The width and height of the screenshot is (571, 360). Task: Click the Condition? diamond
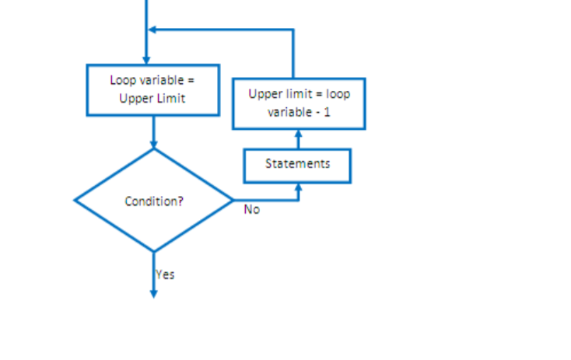click(x=153, y=200)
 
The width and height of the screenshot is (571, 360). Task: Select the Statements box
click(x=297, y=166)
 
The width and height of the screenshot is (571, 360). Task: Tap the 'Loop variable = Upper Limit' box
click(x=152, y=89)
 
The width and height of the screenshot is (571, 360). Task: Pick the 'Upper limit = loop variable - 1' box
click(x=299, y=103)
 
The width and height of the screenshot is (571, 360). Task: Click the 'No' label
click(x=251, y=209)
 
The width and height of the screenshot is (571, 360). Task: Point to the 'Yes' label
click(x=165, y=274)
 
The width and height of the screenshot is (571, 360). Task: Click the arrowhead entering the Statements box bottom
click(x=298, y=187)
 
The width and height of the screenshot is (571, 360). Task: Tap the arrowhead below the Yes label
click(x=153, y=293)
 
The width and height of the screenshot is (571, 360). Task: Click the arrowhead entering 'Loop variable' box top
click(x=145, y=60)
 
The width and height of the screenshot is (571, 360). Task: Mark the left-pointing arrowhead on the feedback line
click(x=152, y=30)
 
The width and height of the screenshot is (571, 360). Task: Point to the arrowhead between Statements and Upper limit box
click(x=298, y=134)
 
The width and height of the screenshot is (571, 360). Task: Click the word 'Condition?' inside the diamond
click(x=154, y=201)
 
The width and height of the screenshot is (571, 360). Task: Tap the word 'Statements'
click(x=297, y=163)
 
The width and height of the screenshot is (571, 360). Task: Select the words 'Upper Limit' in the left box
click(x=152, y=98)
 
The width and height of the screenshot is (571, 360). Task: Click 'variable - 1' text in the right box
click(x=299, y=112)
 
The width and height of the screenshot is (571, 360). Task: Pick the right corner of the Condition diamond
click(x=233, y=200)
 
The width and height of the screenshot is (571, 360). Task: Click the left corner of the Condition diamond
click(x=75, y=200)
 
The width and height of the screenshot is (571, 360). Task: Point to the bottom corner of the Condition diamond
click(x=153, y=251)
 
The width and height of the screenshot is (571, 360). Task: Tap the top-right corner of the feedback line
click(x=293, y=30)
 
